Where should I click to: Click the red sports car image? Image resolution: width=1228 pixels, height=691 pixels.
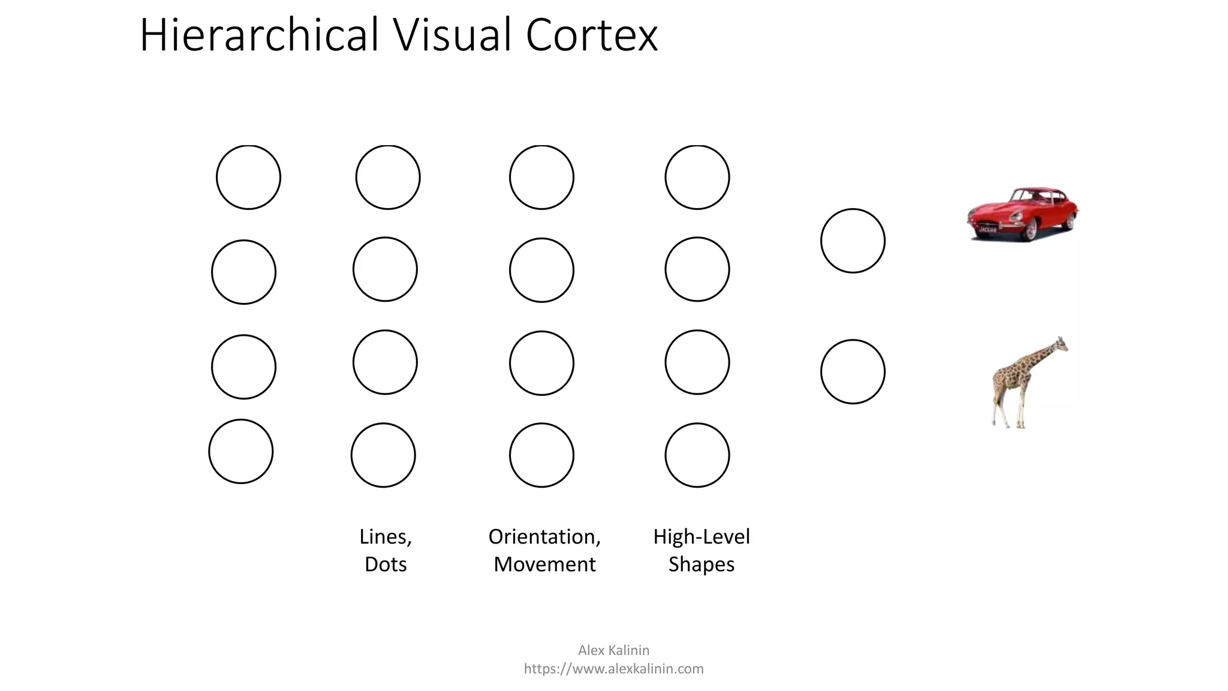(x=1022, y=214)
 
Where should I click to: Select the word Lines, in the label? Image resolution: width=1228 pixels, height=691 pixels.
(x=386, y=536)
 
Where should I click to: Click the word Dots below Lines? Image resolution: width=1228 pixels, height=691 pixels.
(x=386, y=564)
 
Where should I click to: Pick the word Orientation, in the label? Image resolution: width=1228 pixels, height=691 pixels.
(x=544, y=536)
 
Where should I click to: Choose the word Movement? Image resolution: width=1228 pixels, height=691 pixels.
(x=544, y=564)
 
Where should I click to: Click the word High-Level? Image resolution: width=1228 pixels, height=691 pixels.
(x=701, y=536)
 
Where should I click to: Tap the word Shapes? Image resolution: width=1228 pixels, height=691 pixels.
(x=701, y=564)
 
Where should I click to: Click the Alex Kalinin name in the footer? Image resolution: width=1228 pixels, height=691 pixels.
(x=613, y=650)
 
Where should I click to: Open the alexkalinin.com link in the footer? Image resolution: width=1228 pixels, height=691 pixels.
(x=613, y=668)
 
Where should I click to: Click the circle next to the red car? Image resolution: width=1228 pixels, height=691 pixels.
(x=853, y=241)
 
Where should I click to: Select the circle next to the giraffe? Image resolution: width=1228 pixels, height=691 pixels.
(x=853, y=371)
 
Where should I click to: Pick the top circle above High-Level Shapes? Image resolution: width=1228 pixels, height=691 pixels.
(x=697, y=177)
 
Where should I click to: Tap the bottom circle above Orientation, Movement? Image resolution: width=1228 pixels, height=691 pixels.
(x=541, y=455)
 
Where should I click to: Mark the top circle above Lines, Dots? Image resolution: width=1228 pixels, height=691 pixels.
(x=387, y=177)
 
